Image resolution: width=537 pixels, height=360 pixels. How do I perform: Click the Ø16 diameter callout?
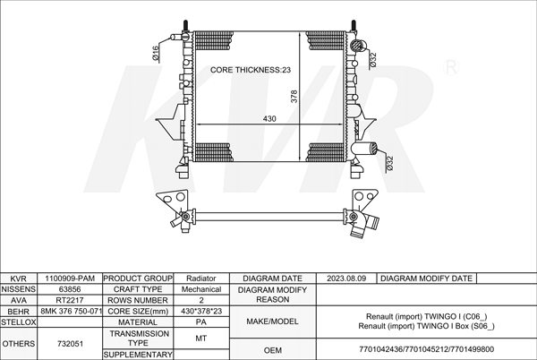[155, 54]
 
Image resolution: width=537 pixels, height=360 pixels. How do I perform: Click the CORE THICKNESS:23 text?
[251, 70]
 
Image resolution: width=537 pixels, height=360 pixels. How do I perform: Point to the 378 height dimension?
[294, 96]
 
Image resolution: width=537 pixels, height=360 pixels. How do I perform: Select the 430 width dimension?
[269, 118]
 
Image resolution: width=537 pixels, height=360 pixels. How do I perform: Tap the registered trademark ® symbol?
[451, 67]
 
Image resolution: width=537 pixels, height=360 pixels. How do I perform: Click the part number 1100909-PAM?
[70, 279]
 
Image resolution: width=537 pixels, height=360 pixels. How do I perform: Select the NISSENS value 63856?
[70, 289]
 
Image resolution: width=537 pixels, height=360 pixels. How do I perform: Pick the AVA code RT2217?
[70, 300]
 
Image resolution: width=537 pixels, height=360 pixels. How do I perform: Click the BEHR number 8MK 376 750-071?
[72, 312]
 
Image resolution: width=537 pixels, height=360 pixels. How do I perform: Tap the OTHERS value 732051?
[70, 344]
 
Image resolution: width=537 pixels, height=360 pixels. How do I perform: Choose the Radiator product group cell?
[201, 279]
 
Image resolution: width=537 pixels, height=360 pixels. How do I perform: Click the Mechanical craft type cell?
[201, 289]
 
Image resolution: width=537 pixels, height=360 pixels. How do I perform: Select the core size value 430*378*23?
[201, 312]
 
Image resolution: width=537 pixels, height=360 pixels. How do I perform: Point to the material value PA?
[201, 322]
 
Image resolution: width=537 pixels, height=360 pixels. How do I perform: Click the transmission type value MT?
[201, 339]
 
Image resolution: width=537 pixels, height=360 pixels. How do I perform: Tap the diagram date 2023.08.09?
[346, 279]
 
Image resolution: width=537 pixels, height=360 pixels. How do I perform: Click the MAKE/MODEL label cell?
[273, 321]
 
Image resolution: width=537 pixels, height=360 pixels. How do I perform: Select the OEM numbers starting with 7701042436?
[426, 349]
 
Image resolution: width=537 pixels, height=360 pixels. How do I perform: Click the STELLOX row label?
[18, 322]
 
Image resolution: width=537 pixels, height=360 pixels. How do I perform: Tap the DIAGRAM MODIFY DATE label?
[426, 279]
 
